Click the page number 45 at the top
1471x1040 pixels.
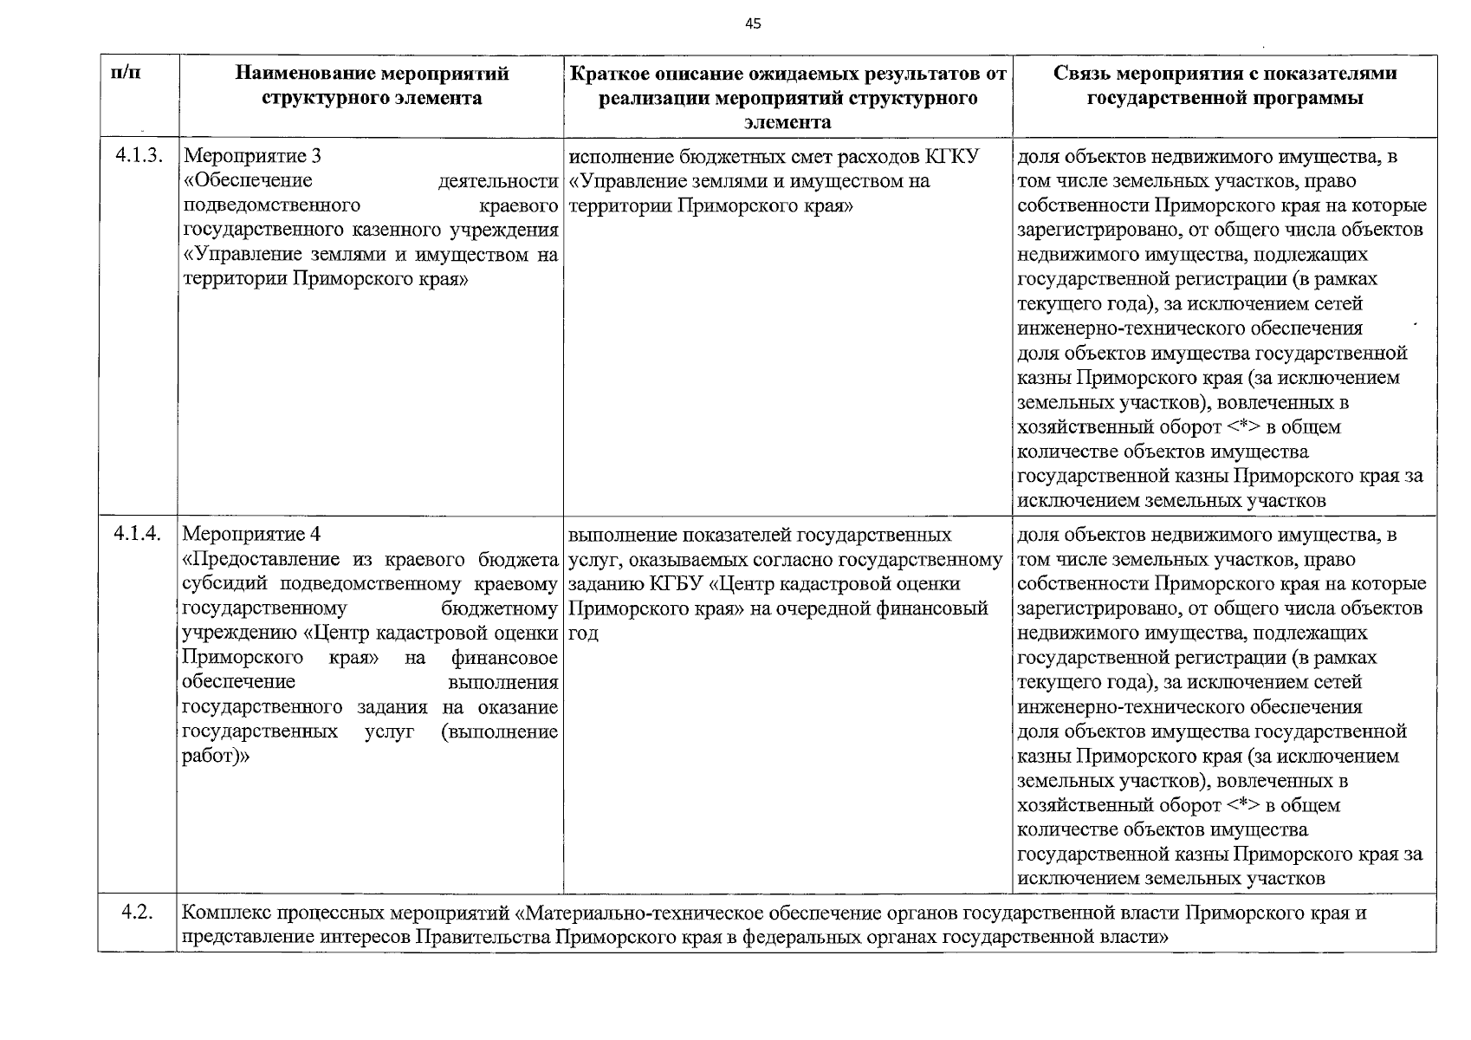pos(753,24)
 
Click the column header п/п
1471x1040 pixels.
pos(126,74)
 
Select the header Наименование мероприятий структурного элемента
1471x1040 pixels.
pos(372,86)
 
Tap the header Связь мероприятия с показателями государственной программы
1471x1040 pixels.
pos(1225,86)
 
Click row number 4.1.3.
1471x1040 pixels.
pos(138,156)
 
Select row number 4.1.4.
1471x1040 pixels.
pos(138,535)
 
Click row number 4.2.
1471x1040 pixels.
pos(138,913)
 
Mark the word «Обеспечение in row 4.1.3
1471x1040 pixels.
pos(249,181)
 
